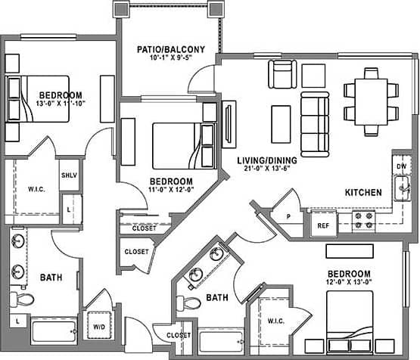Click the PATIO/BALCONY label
(x=167, y=50)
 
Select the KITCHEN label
(x=363, y=193)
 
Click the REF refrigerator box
(x=322, y=225)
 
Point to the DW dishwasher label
(x=401, y=166)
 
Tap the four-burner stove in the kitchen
(x=364, y=220)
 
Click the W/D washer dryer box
(x=99, y=327)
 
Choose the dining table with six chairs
(x=371, y=95)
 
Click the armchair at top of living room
(x=282, y=74)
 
